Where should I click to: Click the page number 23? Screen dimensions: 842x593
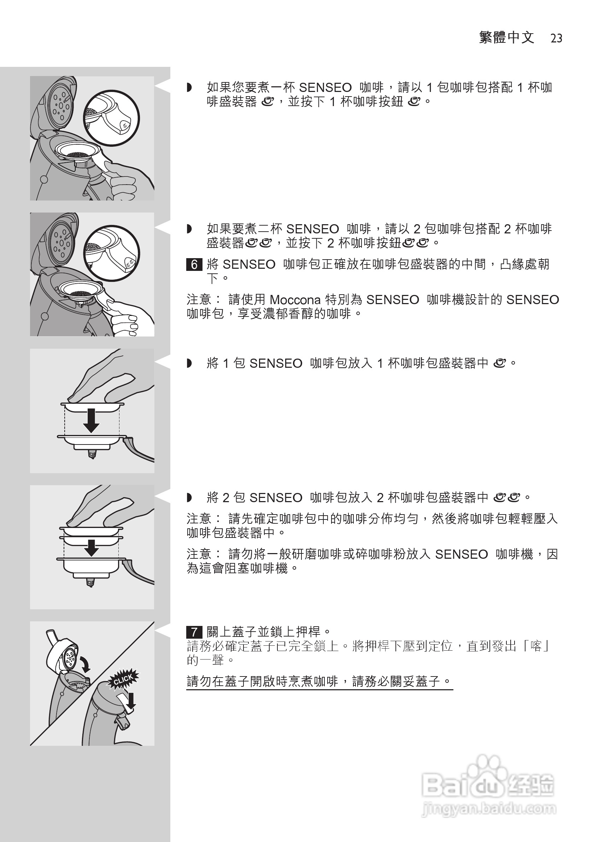point(556,39)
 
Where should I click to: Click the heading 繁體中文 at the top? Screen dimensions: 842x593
point(506,38)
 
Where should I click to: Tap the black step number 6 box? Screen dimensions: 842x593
point(194,265)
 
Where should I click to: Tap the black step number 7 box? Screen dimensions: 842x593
point(194,632)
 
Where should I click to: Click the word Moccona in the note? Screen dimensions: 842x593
point(295,300)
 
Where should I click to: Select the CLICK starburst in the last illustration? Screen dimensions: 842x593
point(123,680)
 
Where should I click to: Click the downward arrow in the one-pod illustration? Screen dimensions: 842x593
point(91,420)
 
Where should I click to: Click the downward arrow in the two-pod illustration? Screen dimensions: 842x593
point(91,547)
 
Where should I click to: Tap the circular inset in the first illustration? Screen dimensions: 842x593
point(111,118)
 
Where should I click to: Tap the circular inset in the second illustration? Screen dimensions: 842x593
point(111,253)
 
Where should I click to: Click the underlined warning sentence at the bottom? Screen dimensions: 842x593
point(319,681)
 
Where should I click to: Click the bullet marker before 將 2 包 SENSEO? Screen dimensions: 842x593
point(189,498)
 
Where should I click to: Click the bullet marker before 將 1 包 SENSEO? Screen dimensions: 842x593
point(189,364)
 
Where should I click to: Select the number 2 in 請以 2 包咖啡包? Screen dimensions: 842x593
point(417,229)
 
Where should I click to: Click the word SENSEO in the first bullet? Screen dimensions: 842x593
point(325,88)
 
